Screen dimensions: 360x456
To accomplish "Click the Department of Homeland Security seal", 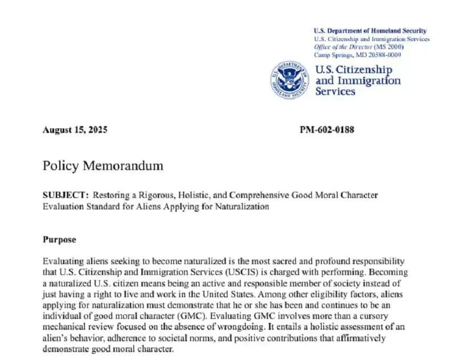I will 290,80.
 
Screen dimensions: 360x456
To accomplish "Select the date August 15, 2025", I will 75,130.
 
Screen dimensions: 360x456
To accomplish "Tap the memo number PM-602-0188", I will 327,130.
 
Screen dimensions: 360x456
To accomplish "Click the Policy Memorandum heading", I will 103,166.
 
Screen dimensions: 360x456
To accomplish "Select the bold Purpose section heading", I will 59,240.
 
